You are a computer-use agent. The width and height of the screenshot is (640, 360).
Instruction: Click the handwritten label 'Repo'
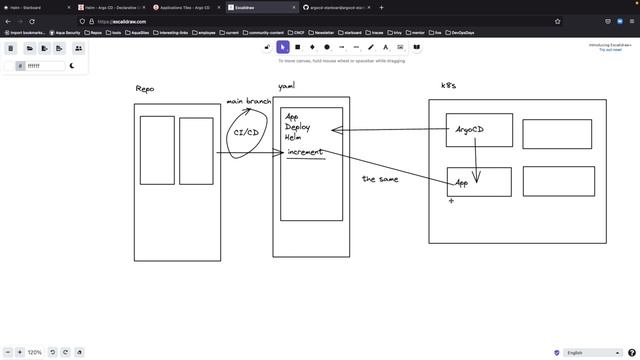[145, 89]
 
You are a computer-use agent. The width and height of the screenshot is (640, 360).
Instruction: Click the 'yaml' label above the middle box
[286, 87]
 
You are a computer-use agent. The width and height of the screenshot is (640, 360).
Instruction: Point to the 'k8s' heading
[448, 86]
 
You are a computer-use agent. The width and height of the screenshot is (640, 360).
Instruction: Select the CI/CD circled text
[247, 132]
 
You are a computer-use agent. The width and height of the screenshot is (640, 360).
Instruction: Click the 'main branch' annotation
[249, 102]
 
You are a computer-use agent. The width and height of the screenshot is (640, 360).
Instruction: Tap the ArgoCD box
[479, 130]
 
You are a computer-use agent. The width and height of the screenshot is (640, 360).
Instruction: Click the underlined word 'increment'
[305, 152]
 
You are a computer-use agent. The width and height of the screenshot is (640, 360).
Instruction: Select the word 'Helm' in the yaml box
[293, 137]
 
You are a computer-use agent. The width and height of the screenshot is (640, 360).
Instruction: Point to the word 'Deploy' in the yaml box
[297, 127]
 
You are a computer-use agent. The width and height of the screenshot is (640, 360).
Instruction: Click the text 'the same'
[381, 178]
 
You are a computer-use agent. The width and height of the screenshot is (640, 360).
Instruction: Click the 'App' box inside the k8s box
[479, 182]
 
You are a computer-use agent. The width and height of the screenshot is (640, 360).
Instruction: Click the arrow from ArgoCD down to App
[476, 165]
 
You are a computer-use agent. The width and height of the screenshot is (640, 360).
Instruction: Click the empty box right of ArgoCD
[556, 134]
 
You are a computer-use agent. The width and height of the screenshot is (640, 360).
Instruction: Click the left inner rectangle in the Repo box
[157, 150]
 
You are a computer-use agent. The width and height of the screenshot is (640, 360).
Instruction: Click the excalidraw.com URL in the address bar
[125, 20]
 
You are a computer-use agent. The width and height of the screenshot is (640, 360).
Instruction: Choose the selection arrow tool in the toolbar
[283, 47]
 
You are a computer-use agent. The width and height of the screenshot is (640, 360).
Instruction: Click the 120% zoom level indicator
[34, 352]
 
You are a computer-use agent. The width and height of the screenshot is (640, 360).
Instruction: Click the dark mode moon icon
[73, 65]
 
